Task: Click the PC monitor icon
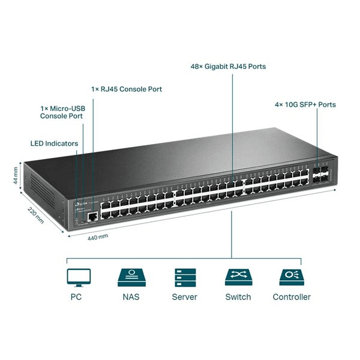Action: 79,277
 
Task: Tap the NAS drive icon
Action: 130,277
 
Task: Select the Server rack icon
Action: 184,277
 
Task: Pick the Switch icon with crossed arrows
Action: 238,277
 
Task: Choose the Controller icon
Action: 292,277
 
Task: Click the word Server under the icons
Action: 184,297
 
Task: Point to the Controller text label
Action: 292,297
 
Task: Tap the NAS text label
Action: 130,297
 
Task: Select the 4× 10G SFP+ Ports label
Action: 305,105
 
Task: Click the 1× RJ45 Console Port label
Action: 127,89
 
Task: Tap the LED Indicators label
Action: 54,144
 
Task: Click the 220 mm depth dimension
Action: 36,214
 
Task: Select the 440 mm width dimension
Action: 98,236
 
